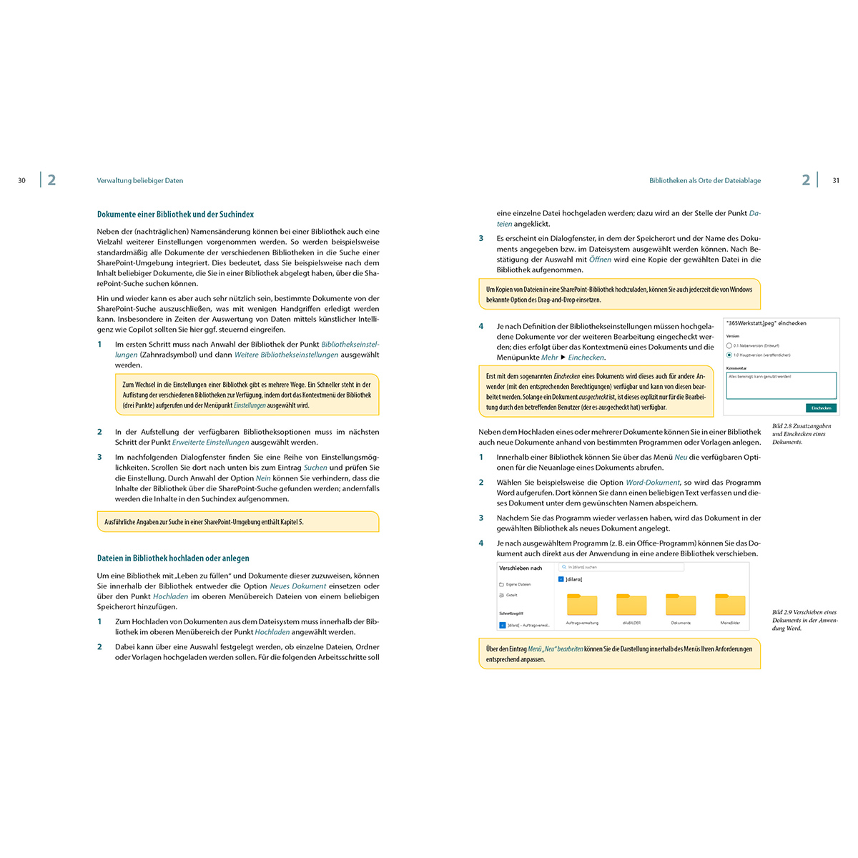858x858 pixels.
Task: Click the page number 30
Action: point(21,181)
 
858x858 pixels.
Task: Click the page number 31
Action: point(836,181)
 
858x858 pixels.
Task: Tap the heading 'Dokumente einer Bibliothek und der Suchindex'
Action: point(175,214)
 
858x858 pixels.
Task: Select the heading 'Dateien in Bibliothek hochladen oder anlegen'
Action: point(173,558)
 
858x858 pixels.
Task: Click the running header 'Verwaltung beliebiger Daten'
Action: point(140,181)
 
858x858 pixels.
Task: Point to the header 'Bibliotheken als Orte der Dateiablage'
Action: point(704,181)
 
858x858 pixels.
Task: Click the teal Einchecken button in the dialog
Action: point(821,408)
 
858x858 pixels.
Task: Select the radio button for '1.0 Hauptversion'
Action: point(729,355)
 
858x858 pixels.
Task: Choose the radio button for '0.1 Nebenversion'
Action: point(729,345)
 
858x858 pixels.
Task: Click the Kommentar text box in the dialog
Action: point(781,385)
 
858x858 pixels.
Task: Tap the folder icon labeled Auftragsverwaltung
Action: point(582,605)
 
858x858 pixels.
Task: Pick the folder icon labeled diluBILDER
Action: point(631,605)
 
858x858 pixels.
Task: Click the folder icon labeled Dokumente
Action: point(681,605)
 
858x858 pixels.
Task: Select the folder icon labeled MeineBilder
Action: point(730,605)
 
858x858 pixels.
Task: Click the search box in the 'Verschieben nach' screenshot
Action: point(621,567)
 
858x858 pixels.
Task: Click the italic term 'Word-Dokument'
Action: point(652,483)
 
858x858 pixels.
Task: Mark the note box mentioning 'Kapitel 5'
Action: point(237,522)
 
